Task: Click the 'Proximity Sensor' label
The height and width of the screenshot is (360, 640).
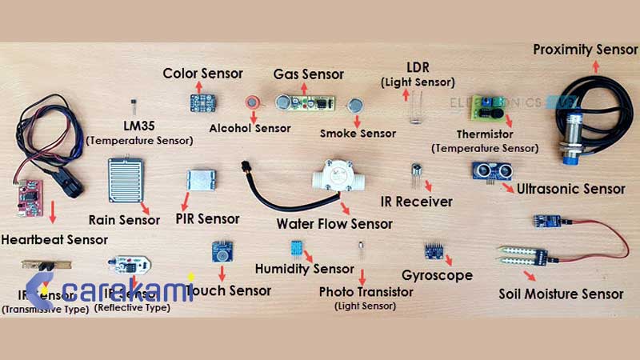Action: (586, 50)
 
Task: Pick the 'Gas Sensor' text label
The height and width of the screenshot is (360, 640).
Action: (308, 74)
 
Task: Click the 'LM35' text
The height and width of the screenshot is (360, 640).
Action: (139, 126)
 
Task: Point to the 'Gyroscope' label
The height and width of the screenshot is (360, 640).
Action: (437, 275)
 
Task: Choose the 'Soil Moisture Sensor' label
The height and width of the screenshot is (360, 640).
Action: (561, 294)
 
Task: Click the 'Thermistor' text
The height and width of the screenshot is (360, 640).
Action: (485, 134)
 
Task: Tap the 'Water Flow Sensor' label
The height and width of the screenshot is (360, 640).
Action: (334, 222)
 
